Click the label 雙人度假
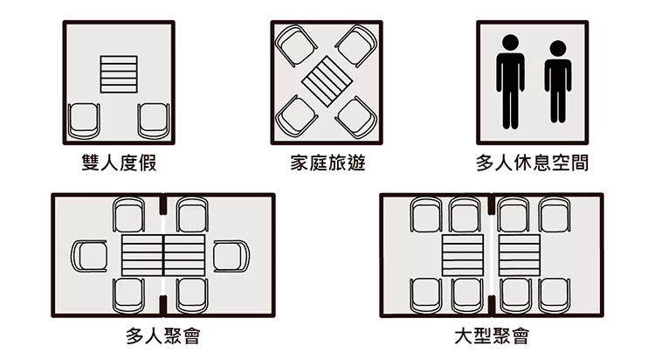coord(119,163)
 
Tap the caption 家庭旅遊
coord(327,163)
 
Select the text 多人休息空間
coord(532,163)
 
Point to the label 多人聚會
coord(163,336)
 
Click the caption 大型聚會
coord(492,336)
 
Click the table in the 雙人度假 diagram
coord(119,74)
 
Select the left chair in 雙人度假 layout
coord(84,121)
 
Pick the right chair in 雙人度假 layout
coord(154,121)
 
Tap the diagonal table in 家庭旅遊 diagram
coord(327,82)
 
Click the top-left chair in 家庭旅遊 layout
coord(296,45)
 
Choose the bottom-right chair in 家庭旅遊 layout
coord(357,117)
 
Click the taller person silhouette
coord(510,82)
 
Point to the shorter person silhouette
coord(558,82)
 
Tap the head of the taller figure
coord(511,43)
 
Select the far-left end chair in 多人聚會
coord(89,256)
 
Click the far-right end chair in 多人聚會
coord(231,256)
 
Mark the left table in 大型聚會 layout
coord(463,255)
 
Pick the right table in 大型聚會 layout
coord(520,255)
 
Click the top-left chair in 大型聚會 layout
coord(425,214)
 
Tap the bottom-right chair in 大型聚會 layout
coord(555,295)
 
